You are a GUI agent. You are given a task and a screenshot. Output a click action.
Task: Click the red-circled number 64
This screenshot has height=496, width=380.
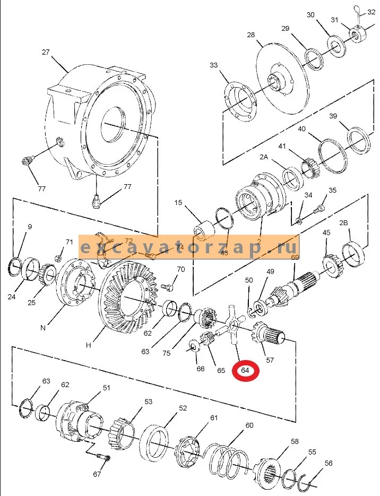point(245,371)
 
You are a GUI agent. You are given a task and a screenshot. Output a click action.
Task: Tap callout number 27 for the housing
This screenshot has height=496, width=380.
point(46,52)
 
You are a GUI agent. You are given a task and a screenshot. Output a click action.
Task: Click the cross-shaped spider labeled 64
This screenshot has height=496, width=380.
point(234,324)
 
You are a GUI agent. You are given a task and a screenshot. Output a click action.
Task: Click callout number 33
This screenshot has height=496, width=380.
point(214,65)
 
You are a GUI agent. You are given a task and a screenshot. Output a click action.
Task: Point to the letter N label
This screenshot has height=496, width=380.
point(43,328)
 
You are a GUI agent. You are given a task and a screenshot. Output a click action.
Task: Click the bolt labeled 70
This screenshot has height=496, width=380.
point(168,287)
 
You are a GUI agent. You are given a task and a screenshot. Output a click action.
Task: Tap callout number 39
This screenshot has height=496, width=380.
point(333,116)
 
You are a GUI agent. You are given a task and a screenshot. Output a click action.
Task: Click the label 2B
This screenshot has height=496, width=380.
point(343,223)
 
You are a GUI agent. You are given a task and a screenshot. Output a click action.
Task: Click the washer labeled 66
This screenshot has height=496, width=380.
point(194,345)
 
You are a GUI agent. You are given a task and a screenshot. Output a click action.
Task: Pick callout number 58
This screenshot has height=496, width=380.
point(295,441)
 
